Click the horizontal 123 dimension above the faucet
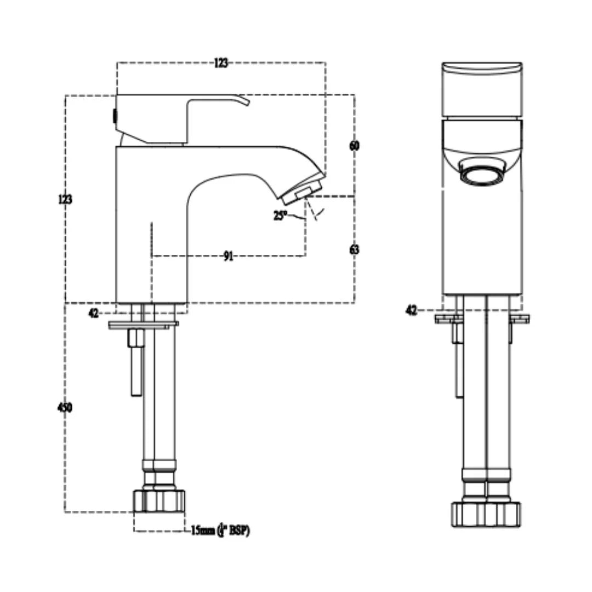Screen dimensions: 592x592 click(220, 63)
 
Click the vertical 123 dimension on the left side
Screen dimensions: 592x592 click(65, 200)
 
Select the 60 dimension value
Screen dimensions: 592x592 click(354, 146)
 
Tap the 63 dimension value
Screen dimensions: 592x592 click(354, 249)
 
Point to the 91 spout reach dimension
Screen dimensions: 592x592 click(228, 256)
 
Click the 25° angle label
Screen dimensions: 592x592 click(280, 216)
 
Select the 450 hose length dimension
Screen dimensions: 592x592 click(65, 407)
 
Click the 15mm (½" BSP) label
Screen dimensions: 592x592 click(220, 531)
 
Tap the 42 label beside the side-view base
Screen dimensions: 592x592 click(94, 313)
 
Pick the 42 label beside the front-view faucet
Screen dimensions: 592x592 click(412, 311)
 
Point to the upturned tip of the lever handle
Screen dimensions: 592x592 click(243, 100)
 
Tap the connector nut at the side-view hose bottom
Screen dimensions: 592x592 click(160, 500)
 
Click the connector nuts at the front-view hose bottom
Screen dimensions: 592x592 click(486, 514)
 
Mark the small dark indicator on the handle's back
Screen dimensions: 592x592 click(114, 116)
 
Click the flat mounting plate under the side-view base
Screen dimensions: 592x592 click(143, 325)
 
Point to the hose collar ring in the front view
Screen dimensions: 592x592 click(486, 474)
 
